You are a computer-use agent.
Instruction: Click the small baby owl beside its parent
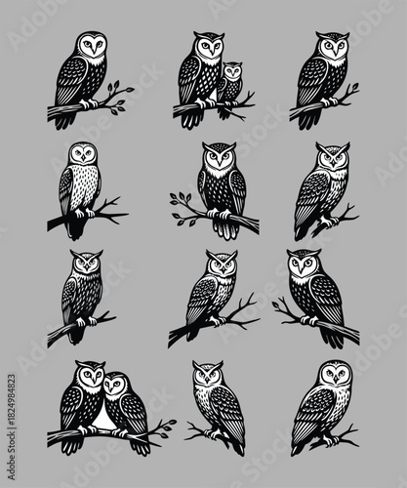(231, 84)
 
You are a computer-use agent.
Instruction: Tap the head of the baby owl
(232, 71)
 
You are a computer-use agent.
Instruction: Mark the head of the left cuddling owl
(88, 376)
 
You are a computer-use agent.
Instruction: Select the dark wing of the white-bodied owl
(65, 190)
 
